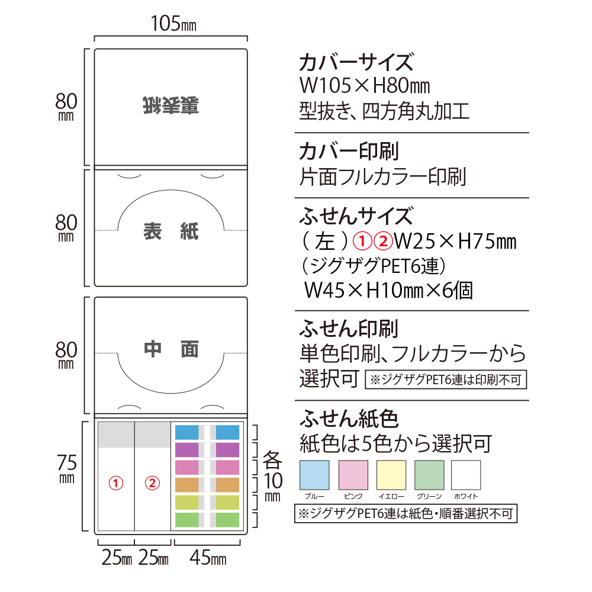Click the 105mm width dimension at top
tap(173, 24)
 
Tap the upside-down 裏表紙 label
tap(170, 105)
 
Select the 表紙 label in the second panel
tap(170, 231)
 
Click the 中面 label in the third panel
tap(170, 349)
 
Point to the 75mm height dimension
tap(67, 468)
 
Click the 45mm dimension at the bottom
tap(208, 558)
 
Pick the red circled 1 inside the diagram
tap(116, 483)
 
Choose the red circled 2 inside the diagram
tap(152, 483)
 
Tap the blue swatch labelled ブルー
tap(314, 475)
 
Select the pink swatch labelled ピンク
tap(353, 475)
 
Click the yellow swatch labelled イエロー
tap(391, 475)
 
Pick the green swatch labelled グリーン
tap(429, 475)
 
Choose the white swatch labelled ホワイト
tap(466, 475)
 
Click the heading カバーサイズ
tap(356, 63)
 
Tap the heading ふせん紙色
tap(349, 419)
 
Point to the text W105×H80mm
tap(365, 86)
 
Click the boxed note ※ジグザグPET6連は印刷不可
tap(446, 379)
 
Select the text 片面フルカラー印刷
tap(382, 176)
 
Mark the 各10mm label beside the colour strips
tap(272, 476)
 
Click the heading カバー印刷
tap(349, 151)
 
